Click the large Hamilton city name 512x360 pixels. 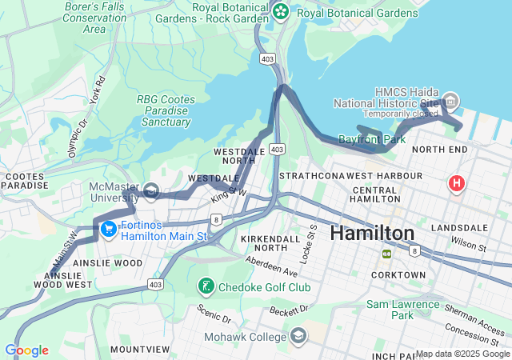click(372, 233)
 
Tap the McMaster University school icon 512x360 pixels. click(151, 191)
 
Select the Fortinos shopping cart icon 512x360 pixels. click(107, 230)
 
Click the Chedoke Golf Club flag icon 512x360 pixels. click(206, 286)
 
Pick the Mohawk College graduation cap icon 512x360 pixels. click(298, 334)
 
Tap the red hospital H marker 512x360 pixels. click(457, 184)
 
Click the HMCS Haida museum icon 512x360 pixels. click(450, 101)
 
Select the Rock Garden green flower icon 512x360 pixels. click(280, 11)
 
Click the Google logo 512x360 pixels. click(26, 350)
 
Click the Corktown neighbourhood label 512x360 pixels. click(398, 274)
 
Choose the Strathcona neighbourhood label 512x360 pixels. click(312, 174)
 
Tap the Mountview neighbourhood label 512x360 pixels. click(140, 350)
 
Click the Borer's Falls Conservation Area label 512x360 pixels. click(94, 18)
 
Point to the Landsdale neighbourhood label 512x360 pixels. click(458, 228)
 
